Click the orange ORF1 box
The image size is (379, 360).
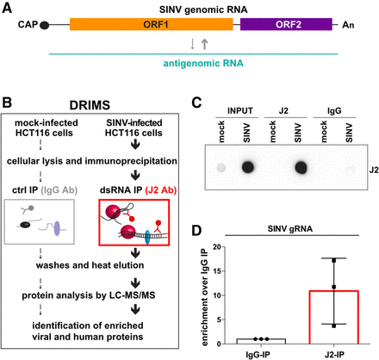pos(152,24)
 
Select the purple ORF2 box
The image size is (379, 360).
pos(286,24)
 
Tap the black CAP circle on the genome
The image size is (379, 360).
pos(44,25)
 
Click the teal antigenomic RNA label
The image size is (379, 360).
pos(203,63)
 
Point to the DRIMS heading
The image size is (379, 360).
pos(90,105)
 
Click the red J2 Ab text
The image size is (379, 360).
pos(161,190)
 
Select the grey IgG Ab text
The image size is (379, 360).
pos(59,190)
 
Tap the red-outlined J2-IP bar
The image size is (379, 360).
pos(334,317)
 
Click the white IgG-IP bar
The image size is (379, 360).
pos(261,341)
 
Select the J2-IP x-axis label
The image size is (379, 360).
pos(334,354)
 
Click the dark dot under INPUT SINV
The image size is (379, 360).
pos(248,167)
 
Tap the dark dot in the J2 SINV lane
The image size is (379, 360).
pos(301,168)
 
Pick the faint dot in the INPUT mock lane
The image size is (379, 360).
pos(221,168)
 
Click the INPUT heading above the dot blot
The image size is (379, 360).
pos(240,111)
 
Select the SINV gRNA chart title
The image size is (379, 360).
pos(290,229)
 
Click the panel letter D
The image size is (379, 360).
pos(196,230)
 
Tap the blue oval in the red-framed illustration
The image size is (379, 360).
pos(147,237)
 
